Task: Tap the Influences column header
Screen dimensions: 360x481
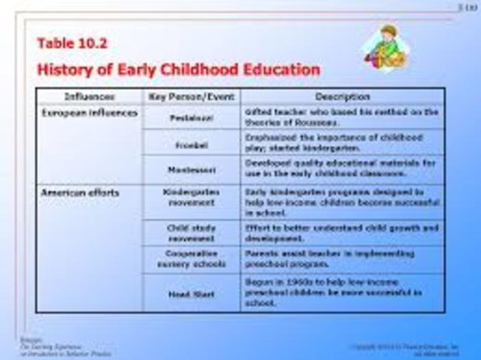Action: tap(89, 97)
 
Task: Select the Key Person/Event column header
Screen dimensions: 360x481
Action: tap(191, 97)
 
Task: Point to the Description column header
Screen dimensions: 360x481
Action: tap(342, 97)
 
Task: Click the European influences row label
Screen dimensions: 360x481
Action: tap(89, 113)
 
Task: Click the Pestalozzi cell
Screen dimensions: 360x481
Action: tap(191, 118)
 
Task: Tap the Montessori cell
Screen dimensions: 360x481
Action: tap(191, 170)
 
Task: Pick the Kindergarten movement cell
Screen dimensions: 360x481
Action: tap(191, 198)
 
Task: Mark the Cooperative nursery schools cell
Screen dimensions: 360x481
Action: tap(191, 259)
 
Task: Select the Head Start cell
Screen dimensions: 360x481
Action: tap(191, 293)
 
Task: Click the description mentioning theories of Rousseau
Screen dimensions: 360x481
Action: tap(342, 117)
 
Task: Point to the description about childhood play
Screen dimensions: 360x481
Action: tap(342, 143)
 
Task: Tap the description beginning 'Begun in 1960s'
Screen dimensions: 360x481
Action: tap(342, 292)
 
